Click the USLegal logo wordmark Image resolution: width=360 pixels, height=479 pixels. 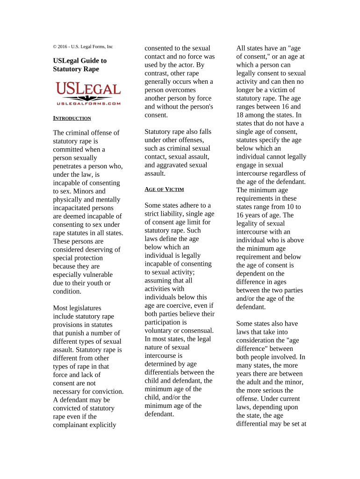(x=88, y=88)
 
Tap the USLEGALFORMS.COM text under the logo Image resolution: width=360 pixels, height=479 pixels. (x=88, y=103)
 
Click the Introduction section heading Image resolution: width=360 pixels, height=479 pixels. (x=72, y=118)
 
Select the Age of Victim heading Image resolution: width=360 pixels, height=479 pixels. (x=164, y=189)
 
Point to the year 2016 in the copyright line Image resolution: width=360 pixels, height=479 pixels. (x=65, y=47)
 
